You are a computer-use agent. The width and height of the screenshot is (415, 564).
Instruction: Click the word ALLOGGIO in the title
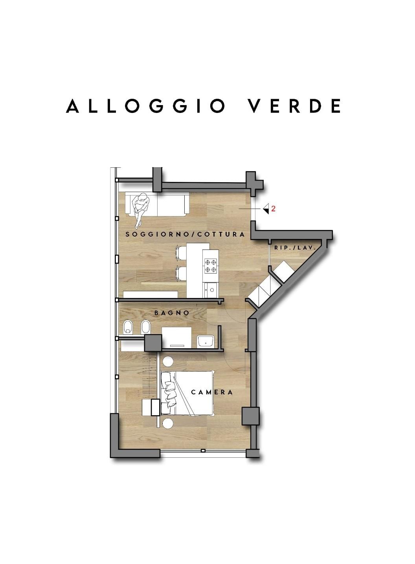pyautogui.click(x=145, y=106)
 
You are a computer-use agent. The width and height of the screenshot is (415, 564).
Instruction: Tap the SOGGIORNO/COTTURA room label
pyautogui.click(x=185, y=235)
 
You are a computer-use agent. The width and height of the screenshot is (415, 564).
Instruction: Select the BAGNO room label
pyautogui.click(x=172, y=313)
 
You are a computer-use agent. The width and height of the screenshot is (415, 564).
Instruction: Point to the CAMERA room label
pyautogui.click(x=212, y=392)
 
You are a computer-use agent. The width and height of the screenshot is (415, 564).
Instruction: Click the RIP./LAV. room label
pyautogui.click(x=295, y=248)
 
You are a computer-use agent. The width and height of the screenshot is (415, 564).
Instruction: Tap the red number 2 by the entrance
pyautogui.click(x=273, y=209)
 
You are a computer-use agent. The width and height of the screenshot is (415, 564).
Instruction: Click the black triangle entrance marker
pyautogui.click(x=266, y=209)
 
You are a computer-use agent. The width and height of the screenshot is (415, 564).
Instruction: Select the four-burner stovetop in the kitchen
pyautogui.click(x=211, y=266)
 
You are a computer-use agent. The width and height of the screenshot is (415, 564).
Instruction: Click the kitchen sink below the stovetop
pyautogui.click(x=211, y=290)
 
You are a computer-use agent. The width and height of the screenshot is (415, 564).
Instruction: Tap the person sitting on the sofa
pyautogui.click(x=140, y=209)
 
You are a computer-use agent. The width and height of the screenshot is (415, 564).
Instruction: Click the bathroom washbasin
pyautogui.click(x=206, y=341)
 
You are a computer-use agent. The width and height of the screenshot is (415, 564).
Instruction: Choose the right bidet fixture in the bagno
pyautogui.click(x=145, y=327)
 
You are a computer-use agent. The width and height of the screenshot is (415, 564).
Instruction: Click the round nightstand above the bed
pyautogui.click(x=168, y=362)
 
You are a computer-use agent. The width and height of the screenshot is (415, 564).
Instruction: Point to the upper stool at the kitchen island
pyautogui.click(x=181, y=253)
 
